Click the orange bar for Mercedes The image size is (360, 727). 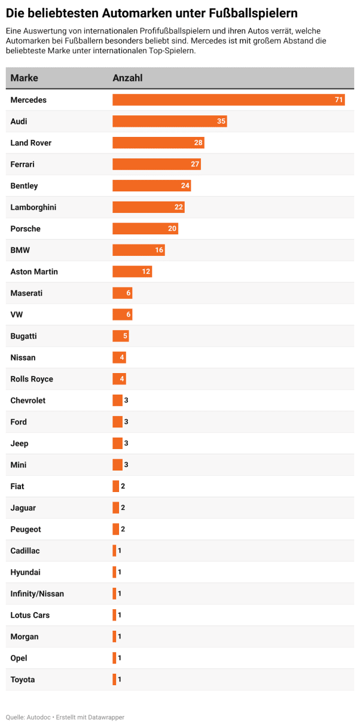tap(227, 100)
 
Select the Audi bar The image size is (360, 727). tap(169, 121)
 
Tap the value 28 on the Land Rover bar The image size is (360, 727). tap(199, 143)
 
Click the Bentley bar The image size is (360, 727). tap(151, 186)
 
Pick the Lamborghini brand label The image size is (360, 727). tap(33, 207)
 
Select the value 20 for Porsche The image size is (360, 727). tap(172, 229)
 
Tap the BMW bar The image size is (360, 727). tap(138, 251)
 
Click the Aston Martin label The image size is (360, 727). tap(34, 272)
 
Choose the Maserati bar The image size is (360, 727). tap(122, 294)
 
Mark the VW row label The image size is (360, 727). tap(17, 315)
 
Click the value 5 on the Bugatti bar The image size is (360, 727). tap(125, 337)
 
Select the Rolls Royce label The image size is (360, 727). tap(32, 379)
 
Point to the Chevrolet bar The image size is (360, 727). tap(117, 401)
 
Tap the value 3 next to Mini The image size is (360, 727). tap(126, 465)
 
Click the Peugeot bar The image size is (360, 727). tap(116, 529)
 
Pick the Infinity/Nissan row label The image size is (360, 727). tap(37, 594)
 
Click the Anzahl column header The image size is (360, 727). tap(127, 78)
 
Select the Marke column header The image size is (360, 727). tap(24, 78)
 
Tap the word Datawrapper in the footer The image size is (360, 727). tap(105, 717)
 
